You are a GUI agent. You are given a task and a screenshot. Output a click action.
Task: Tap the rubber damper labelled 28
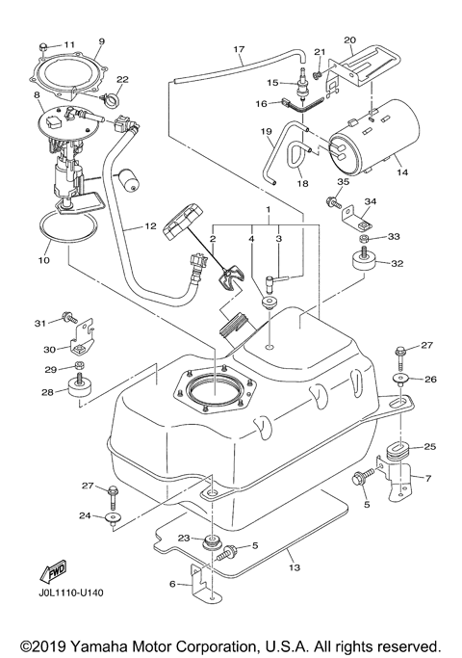tap(78, 391)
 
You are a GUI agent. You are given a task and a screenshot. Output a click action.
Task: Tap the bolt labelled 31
tap(69, 316)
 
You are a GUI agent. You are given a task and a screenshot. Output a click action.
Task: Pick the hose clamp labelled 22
tap(106, 96)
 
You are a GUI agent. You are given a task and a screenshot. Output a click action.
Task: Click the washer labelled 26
tap(401, 381)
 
